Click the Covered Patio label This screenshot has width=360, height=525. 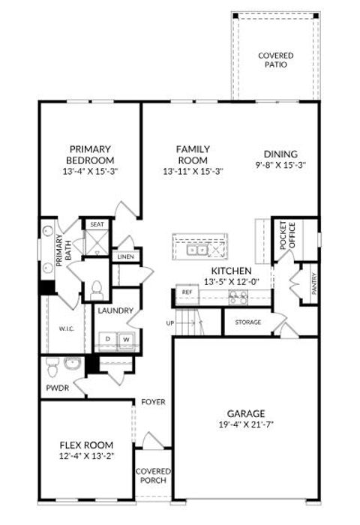pos(275,60)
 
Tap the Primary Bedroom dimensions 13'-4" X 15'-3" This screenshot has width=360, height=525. pos(90,171)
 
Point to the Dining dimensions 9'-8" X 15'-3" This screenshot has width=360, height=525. pos(281,165)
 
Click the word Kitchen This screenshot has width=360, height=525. pos(231,271)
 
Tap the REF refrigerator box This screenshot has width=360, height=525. pos(185,291)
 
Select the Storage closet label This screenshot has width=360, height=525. pos(249,322)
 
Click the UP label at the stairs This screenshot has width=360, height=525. pos(170,322)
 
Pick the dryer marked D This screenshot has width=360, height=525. pos(108,339)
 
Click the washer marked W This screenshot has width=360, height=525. pos(125,339)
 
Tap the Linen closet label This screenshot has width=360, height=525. pos(124,257)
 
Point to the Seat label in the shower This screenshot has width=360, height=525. pos(97,223)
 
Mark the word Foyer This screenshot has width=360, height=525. pos(153,402)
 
